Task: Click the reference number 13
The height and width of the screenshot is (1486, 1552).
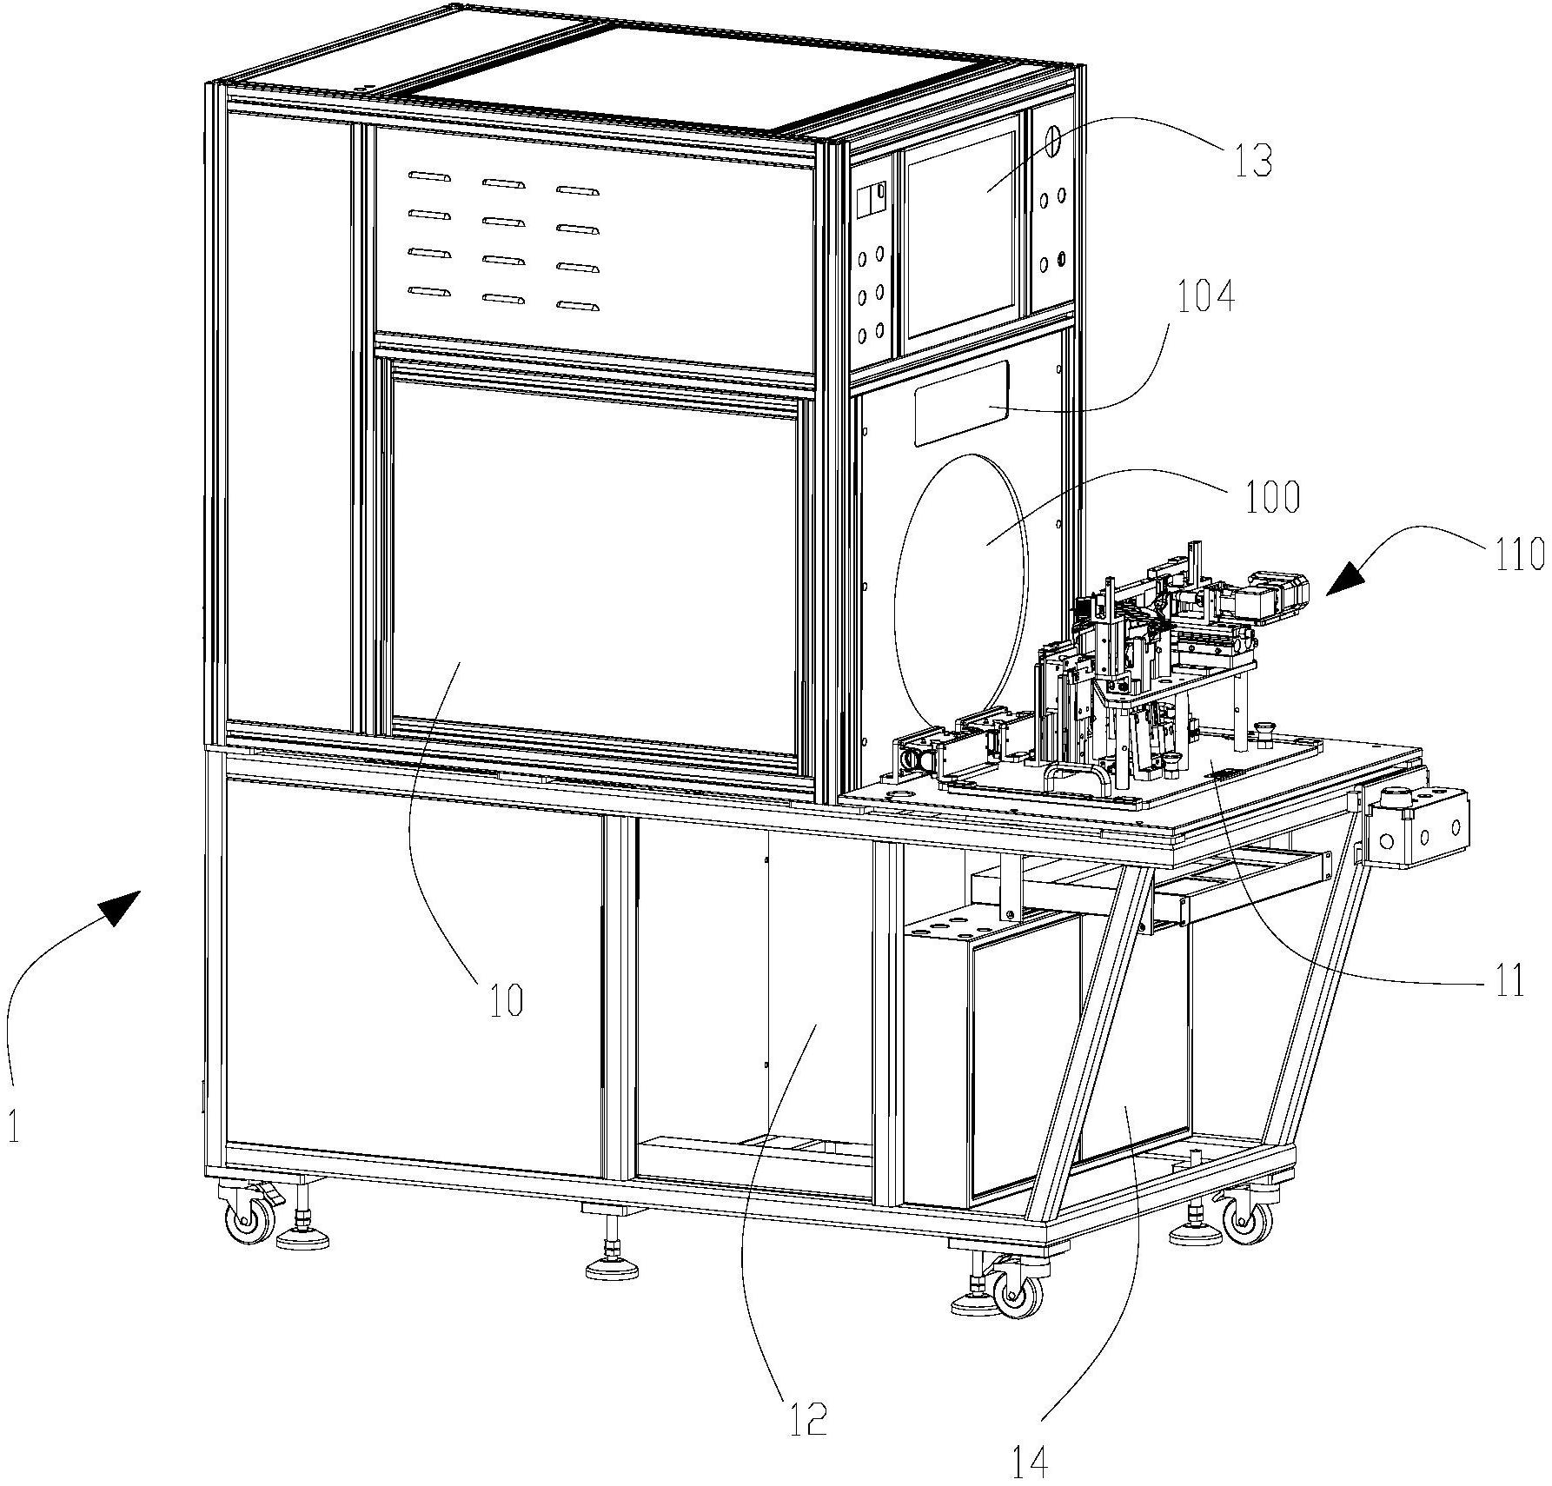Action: coord(1253,162)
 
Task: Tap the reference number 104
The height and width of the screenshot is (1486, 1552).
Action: coord(1205,298)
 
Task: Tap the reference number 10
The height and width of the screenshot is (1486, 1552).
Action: coord(507,1001)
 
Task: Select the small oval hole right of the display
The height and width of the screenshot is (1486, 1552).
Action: coord(1051,141)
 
